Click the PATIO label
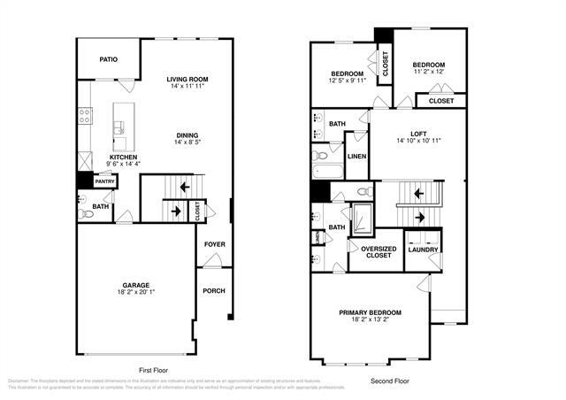tap(108, 59)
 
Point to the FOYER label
tap(214, 243)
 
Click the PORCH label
tap(213, 290)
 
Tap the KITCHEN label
tap(122, 157)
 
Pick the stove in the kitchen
tap(86, 114)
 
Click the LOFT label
tap(417, 134)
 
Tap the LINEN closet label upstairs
tap(356, 156)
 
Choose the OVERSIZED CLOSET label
tap(378, 251)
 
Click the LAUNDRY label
tap(423, 250)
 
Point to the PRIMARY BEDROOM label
tap(371, 312)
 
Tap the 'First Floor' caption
tap(153, 370)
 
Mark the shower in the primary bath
tap(363, 219)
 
